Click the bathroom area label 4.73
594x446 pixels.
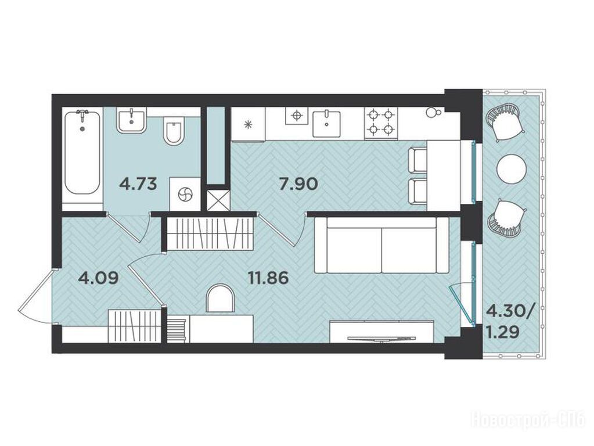(138, 184)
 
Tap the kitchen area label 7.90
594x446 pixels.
(298, 184)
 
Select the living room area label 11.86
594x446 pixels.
(268, 278)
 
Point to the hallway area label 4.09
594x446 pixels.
(98, 278)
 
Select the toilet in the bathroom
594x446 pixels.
(174, 130)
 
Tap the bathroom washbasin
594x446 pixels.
(131, 120)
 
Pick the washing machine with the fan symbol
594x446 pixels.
(185, 193)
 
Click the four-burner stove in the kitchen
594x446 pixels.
(381, 122)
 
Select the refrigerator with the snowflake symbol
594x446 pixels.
(248, 124)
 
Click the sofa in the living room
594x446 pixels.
(381, 245)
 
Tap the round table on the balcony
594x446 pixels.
(512, 169)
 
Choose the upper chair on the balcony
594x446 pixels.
(505, 123)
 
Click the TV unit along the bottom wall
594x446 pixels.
(381, 332)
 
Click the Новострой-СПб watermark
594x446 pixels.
(528, 420)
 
